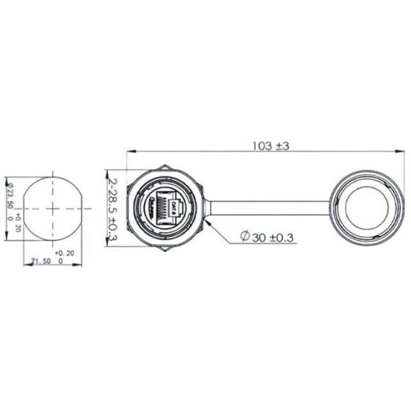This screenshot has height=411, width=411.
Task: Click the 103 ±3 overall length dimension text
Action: click(272, 146)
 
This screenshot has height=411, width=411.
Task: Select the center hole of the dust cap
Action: click(365, 207)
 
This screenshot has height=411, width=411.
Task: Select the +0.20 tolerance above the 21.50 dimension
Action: click(65, 252)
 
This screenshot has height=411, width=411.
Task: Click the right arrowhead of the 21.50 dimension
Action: click(80, 264)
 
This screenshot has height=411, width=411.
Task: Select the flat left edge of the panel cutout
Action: click(24, 208)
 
